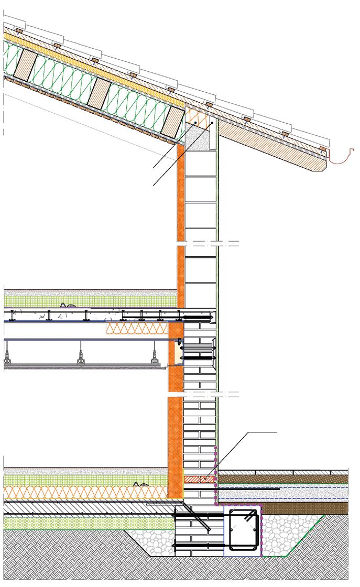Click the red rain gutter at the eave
341,155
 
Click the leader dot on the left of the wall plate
194,123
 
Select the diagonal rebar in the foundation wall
197,519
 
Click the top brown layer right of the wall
283,479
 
